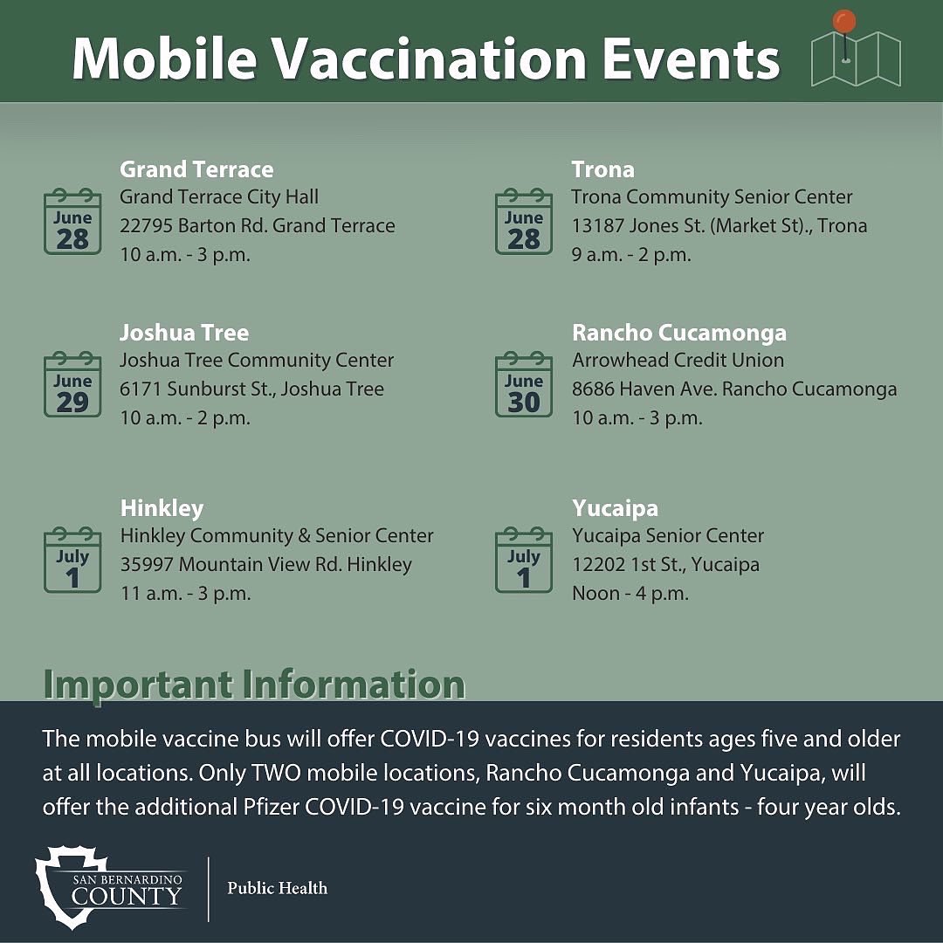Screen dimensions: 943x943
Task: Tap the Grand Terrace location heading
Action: tap(196, 169)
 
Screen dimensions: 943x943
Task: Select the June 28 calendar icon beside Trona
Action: tap(524, 222)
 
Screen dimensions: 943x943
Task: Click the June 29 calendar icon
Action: tap(72, 385)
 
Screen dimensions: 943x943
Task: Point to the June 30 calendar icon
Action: tap(524, 385)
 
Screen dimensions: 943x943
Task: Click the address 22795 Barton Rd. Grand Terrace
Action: tap(258, 226)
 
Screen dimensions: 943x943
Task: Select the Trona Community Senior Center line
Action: tap(712, 197)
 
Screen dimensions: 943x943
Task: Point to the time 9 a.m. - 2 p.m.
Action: tap(631, 255)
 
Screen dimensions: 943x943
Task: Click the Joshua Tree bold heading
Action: tap(184, 333)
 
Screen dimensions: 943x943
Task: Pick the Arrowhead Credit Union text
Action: tap(678, 361)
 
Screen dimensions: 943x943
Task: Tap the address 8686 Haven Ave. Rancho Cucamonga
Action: tap(734, 389)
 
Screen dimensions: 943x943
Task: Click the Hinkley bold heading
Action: tap(162, 508)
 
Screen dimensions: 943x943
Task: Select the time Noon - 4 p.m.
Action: tap(630, 594)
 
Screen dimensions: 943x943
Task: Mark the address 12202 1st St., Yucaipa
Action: tap(665, 565)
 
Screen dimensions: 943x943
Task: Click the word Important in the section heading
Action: tap(137, 685)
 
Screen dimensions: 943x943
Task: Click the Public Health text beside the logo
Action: tap(278, 889)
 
